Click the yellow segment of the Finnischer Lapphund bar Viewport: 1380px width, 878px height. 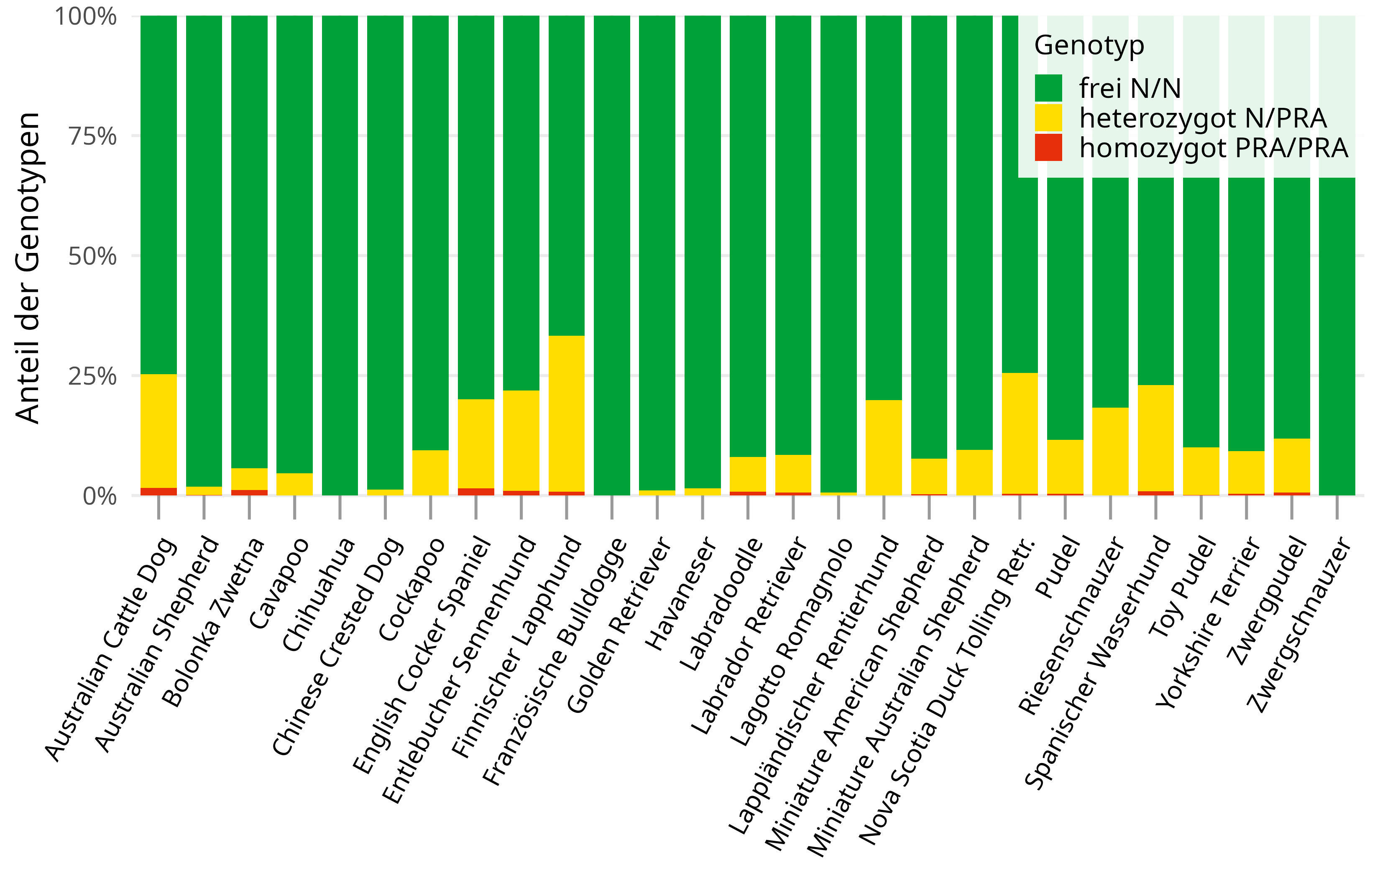566,413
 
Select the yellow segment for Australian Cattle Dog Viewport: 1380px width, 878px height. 159,430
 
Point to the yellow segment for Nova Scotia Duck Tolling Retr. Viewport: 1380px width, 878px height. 1020,433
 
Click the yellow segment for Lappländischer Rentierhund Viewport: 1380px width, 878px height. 883,447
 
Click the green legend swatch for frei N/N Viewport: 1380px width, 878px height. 1048,88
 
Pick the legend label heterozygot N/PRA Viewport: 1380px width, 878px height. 1202,118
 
